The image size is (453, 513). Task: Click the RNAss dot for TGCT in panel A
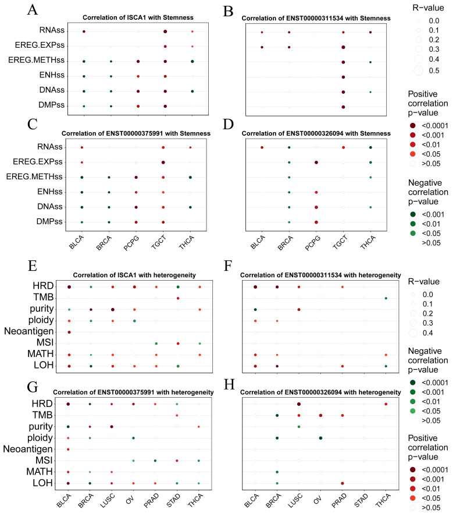coord(166,31)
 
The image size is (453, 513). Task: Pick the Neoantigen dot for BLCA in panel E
coord(69,332)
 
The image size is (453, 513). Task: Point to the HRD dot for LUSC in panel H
coord(299,404)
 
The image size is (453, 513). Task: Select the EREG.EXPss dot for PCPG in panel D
coord(316,162)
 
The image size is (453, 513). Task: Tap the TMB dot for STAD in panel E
coord(178,298)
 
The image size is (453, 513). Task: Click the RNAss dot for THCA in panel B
coord(370,33)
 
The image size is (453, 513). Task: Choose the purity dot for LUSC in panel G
coord(112,427)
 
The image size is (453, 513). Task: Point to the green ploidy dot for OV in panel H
coord(320,438)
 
